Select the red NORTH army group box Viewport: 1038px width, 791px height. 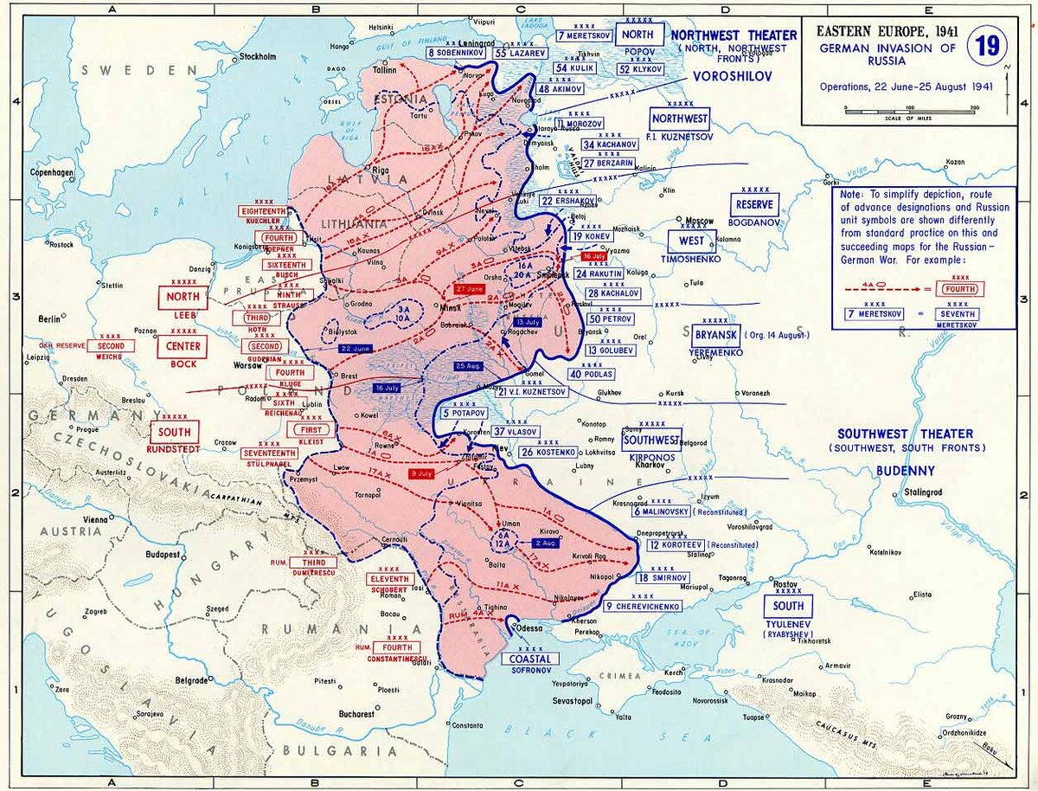183,299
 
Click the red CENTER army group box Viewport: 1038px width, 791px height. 183,346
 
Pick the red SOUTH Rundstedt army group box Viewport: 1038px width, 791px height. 175,431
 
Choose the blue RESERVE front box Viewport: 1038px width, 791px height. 754,205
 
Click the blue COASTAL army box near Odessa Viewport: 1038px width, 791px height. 530,659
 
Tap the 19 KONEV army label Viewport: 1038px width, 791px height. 592,236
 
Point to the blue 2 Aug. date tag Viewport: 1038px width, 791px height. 546,543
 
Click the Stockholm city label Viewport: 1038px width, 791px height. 257,57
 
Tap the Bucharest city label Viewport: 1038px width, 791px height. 356,714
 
